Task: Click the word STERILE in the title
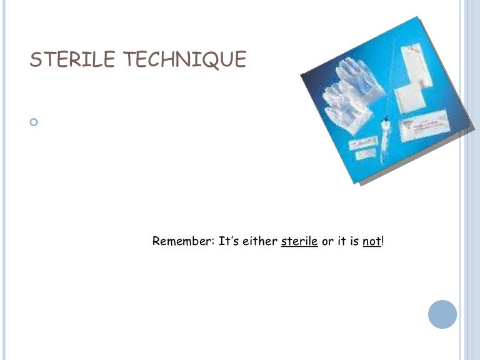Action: (72, 59)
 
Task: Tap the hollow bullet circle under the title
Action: (34, 122)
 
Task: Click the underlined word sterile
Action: (299, 241)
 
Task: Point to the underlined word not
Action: (371, 241)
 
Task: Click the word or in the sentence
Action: (327, 241)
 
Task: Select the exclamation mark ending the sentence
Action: (382, 241)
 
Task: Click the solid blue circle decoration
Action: (442, 314)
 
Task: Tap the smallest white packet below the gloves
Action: (360, 149)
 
